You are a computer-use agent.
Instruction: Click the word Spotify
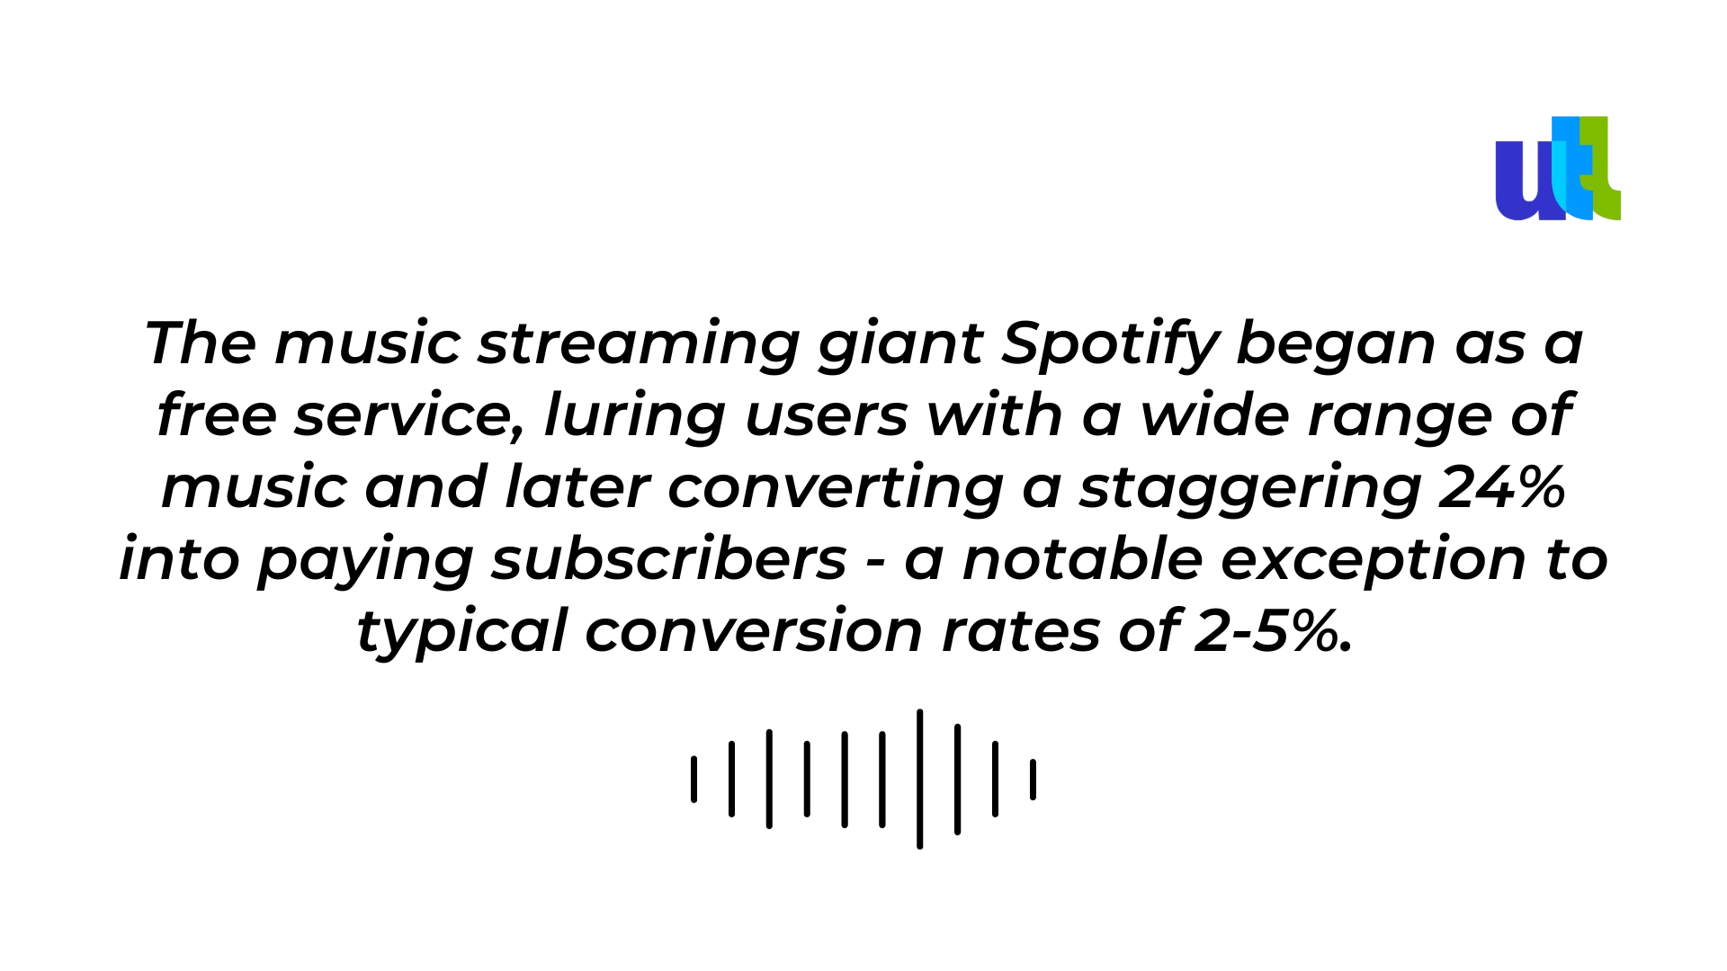1110,344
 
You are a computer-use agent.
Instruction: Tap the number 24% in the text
1502,487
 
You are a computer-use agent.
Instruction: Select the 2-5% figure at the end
1274,631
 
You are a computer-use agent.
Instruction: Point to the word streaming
639,344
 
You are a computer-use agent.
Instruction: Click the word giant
900,344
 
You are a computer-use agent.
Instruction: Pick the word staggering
1250,488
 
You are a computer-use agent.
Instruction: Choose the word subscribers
669,559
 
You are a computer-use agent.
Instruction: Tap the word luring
635,416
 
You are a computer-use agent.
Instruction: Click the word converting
836,488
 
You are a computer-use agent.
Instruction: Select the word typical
462,632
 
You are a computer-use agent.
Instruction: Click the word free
217,415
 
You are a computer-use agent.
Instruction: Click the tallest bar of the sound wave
919,779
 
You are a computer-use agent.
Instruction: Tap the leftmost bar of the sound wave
693,779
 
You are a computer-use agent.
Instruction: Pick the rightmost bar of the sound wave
1033,779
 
